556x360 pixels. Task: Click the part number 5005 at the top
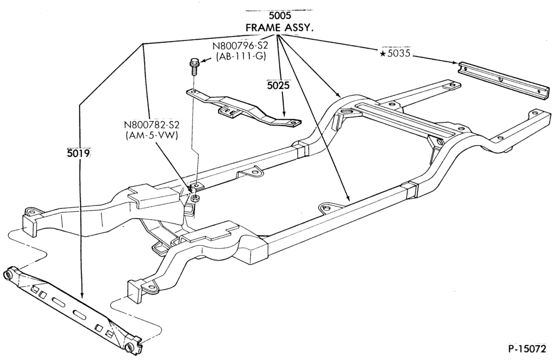pos(280,16)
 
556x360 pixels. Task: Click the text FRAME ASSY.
pos(280,28)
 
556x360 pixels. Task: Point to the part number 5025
pos(279,86)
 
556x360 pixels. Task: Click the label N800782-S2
pos(152,125)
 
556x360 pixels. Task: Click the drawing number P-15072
pos(527,349)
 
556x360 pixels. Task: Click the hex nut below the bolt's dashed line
pos(195,198)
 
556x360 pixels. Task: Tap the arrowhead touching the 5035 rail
pos(454,63)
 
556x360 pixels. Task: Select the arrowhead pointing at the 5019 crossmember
pos(82,294)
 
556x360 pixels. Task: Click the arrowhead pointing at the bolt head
pos(202,62)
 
